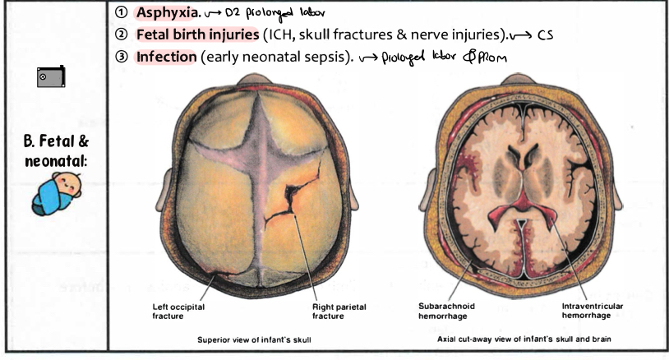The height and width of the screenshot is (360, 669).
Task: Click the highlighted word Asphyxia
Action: [168, 12]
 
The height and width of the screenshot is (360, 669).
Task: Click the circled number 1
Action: [122, 13]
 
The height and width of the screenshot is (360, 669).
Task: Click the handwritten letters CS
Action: [547, 35]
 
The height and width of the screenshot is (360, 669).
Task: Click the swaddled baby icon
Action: [54, 195]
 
